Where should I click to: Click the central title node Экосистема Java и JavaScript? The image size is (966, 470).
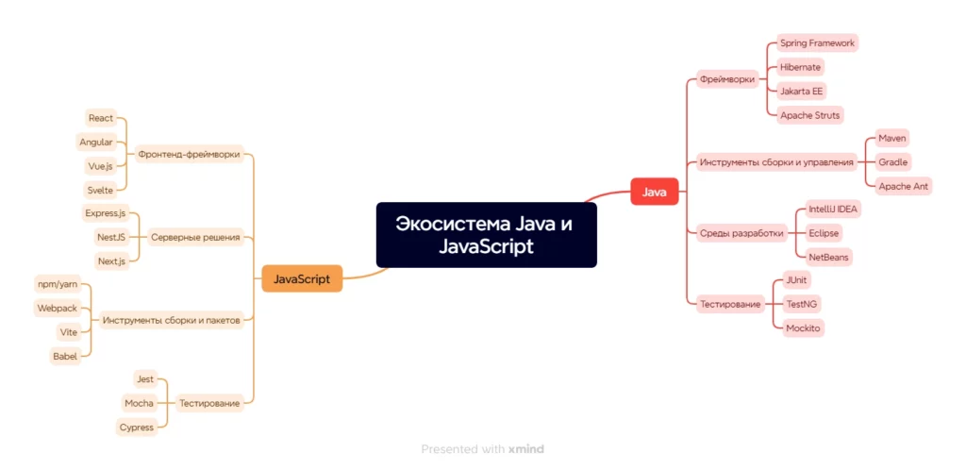pos(486,235)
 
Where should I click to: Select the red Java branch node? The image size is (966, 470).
pos(655,192)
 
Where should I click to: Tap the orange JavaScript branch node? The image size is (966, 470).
pos(302,278)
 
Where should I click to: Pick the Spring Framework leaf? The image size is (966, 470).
pos(817,43)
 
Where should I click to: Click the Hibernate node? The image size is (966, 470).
pos(800,67)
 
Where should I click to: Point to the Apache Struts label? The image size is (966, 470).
pos(809,115)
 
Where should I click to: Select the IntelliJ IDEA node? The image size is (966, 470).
pos(834,210)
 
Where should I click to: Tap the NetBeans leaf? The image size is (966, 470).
pos(829,257)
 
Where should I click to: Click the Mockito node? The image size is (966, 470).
pos(804,328)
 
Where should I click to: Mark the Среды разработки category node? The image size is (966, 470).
pos(741,233)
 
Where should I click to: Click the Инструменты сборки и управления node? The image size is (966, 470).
pos(776,162)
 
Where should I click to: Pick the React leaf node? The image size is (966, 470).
pos(100,118)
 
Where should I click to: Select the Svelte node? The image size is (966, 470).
pos(100,191)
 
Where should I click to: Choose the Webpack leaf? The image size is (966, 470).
pos(57,308)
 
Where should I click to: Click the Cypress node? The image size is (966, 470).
pos(136,427)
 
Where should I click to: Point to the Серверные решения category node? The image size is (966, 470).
pos(195,237)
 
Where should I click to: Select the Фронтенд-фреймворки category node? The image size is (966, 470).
pos(189,154)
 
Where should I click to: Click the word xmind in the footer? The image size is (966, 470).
pos(526,449)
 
